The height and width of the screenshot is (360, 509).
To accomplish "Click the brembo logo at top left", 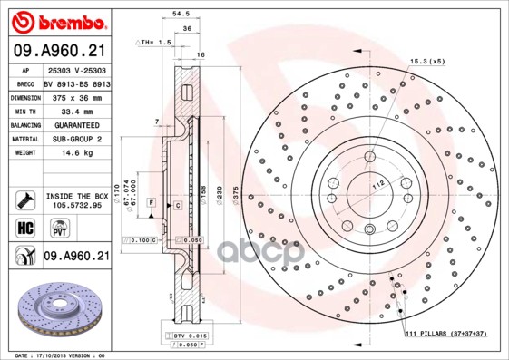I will click(56, 21).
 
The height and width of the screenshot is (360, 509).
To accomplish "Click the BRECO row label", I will click(26, 82).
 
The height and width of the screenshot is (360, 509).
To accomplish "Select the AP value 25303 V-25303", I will click(76, 68).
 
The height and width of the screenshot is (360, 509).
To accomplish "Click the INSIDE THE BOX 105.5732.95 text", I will click(76, 200).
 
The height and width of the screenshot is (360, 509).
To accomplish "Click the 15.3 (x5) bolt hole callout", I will click(426, 61).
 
